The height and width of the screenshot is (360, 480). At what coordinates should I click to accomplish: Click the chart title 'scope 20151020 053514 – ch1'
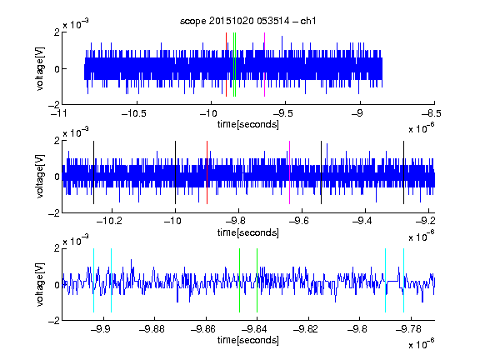point(248,21)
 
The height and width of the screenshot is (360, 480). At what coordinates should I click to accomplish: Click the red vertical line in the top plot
point(226,65)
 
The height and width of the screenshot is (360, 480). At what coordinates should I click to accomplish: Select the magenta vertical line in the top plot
point(264,65)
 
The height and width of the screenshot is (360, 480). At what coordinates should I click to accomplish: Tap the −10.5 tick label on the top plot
point(134,114)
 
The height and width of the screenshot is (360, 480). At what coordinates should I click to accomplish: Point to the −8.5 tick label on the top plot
point(431,114)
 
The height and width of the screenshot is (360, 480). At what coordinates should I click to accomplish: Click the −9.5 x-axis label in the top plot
point(282,114)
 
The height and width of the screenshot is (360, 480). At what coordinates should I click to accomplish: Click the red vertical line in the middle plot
point(207,172)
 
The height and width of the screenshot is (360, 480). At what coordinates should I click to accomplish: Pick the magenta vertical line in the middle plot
point(290,172)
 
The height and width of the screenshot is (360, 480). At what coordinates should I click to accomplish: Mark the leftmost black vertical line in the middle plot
point(93,172)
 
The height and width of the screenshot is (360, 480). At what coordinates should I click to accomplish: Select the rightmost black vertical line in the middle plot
point(403,172)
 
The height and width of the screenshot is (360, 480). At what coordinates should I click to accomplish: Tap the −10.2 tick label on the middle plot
point(109,221)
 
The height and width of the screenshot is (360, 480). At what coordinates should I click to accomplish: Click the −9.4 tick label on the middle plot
point(362,221)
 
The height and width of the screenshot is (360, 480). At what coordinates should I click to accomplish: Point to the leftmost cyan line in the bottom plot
point(93,280)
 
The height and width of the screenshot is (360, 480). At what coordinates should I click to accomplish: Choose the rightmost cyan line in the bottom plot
point(403,280)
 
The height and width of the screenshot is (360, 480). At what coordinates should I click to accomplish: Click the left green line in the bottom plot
point(239,280)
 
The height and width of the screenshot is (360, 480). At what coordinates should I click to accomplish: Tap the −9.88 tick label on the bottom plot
point(152,329)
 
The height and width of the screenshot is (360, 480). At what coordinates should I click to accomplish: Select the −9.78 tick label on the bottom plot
point(408,329)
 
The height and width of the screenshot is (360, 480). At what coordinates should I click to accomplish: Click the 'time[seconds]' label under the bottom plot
point(248,340)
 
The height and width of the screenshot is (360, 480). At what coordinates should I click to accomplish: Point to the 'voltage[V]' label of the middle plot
point(40,177)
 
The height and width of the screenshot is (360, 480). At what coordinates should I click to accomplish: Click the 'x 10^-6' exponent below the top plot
point(421,127)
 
